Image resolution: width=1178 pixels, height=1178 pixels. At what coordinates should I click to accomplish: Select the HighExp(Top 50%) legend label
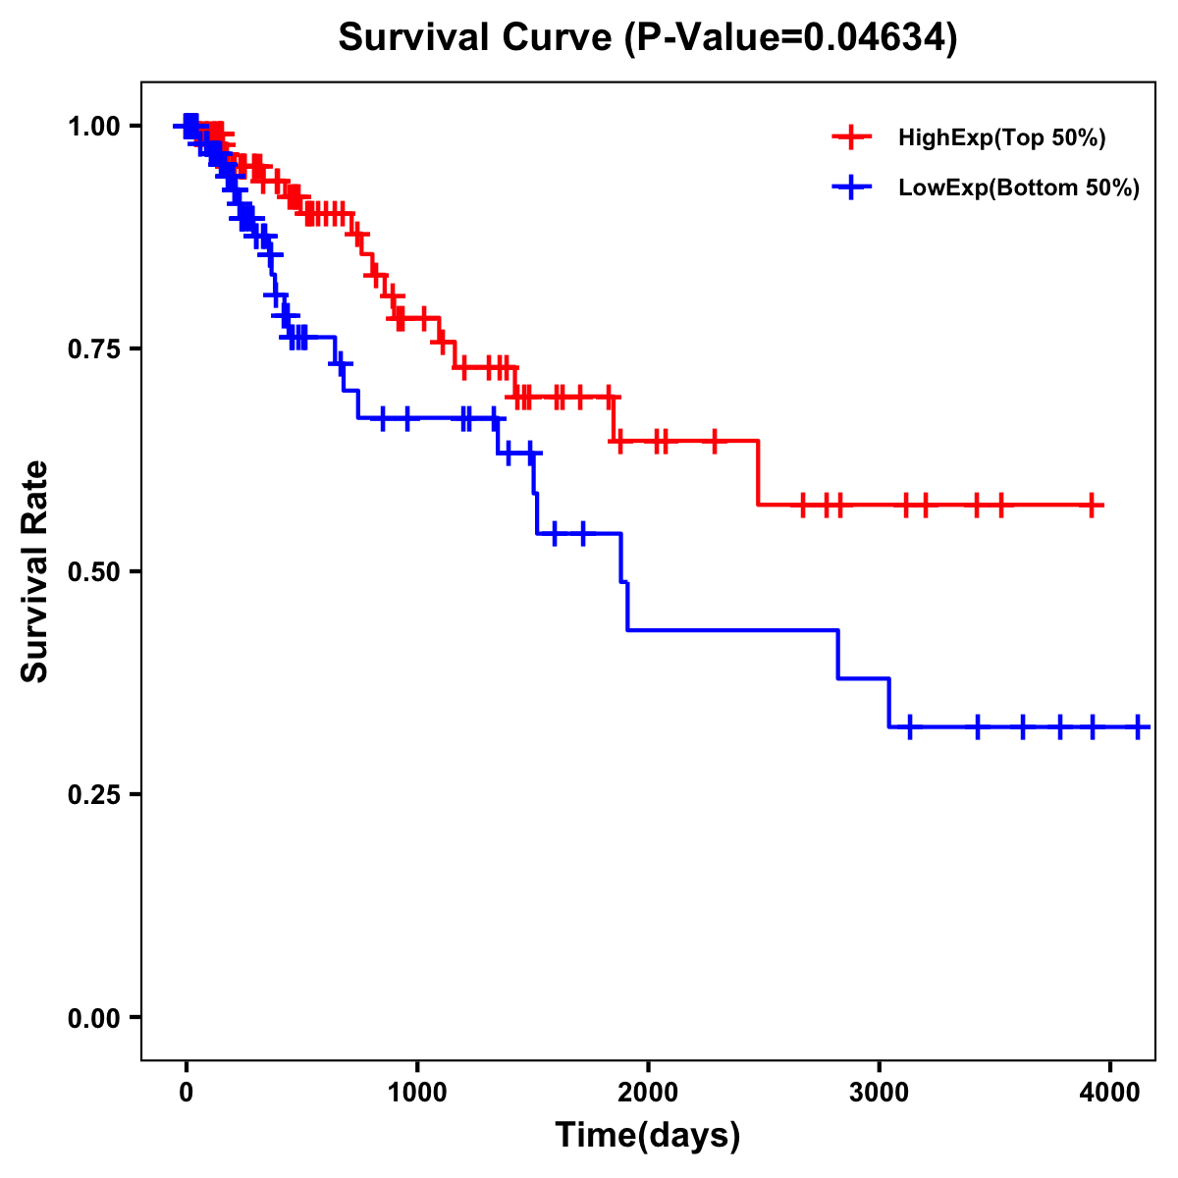pyautogui.click(x=1001, y=137)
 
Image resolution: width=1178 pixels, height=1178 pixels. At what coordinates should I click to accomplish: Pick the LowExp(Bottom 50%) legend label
pyautogui.click(x=1018, y=188)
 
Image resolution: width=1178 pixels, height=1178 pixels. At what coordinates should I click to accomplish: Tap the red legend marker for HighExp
pyautogui.click(x=851, y=137)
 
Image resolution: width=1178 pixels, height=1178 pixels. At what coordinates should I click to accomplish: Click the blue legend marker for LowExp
pyautogui.click(x=851, y=188)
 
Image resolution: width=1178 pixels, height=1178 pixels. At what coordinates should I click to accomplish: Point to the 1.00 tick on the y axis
pyautogui.click(x=94, y=126)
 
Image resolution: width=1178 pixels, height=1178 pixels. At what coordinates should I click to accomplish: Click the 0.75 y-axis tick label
pyautogui.click(x=94, y=348)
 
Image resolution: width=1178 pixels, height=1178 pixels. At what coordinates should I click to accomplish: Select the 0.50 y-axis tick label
pyautogui.click(x=94, y=571)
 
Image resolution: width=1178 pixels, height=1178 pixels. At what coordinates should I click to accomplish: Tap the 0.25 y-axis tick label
pyautogui.click(x=94, y=794)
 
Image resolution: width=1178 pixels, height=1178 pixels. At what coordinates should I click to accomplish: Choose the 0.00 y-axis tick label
pyautogui.click(x=94, y=1017)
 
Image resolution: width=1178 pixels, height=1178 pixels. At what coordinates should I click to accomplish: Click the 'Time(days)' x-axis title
pyautogui.click(x=648, y=1136)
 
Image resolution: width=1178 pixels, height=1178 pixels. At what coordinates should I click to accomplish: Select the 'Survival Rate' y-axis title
pyautogui.click(x=35, y=571)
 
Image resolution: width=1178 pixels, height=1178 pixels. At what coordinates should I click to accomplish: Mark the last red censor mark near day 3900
pyautogui.click(x=1092, y=505)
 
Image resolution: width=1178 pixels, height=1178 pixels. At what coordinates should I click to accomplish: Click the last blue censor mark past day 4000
pyautogui.click(x=1138, y=726)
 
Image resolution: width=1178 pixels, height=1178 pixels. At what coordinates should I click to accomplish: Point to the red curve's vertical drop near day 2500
pyautogui.click(x=759, y=473)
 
